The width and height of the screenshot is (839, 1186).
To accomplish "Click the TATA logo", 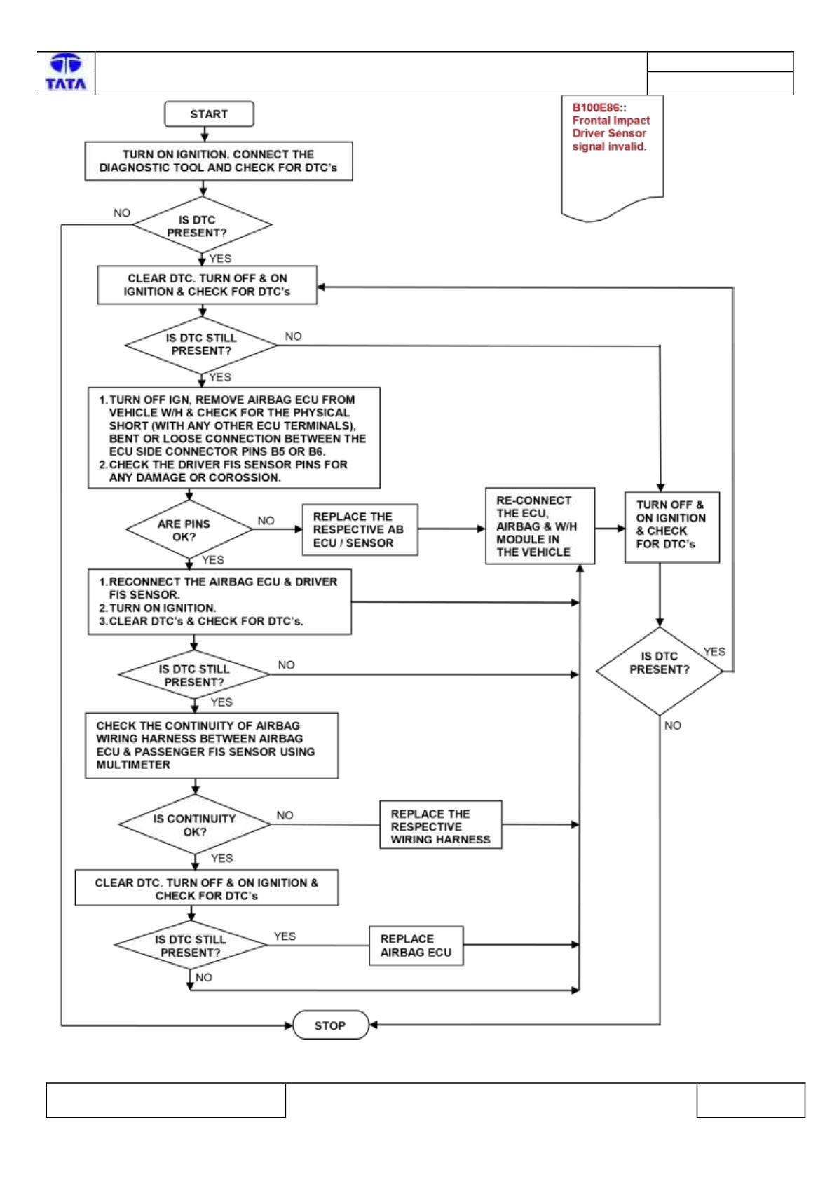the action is [x=66, y=72].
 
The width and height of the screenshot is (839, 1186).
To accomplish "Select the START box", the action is [x=209, y=114].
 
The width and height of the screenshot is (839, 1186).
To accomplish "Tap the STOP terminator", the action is [x=330, y=1025].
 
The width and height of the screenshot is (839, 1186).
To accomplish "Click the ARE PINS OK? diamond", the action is [x=189, y=529].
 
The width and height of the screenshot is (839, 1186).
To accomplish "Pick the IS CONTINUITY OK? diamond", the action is [x=195, y=824].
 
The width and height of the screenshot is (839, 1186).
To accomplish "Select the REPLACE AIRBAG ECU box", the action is [x=416, y=946].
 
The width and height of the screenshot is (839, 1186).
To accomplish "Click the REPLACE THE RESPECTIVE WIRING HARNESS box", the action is [x=440, y=825].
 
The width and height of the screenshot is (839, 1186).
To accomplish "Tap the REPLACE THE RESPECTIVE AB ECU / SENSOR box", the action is [x=360, y=529].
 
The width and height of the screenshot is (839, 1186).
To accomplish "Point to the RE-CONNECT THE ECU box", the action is [x=540, y=526].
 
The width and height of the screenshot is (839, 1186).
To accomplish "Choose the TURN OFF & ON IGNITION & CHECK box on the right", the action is [x=671, y=527].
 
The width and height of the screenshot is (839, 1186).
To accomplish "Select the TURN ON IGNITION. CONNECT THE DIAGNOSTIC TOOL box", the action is [x=219, y=161].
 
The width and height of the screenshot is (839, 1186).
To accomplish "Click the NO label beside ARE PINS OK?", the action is [x=266, y=521].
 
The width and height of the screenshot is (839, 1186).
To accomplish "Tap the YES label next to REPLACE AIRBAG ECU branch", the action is [x=285, y=936].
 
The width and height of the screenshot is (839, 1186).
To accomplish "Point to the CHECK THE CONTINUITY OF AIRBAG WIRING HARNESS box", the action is [x=212, y=746].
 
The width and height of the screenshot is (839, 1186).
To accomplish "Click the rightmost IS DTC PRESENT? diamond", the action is [x=660, y=671].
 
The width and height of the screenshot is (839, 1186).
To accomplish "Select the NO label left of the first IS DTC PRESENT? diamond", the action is [x=122, y=213].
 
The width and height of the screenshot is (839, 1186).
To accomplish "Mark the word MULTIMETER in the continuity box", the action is [x=133, y=765].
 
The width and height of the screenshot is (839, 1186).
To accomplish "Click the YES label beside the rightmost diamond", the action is [x=715, y=652].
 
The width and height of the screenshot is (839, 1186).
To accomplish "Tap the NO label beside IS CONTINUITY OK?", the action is [x=285, y=815].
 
